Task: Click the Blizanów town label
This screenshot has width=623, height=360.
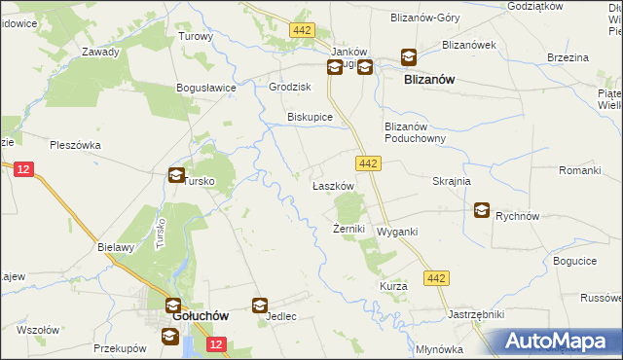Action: click(x=431, y=81)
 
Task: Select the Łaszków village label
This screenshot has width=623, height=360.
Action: click(x=331, y=186)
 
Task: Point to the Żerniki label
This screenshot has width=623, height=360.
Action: click(x=348, y=229)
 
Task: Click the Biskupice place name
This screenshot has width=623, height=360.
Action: click(x=310, y=117)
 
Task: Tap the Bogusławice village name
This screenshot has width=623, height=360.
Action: click(x=206, y=88)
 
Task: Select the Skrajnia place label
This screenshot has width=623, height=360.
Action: click(x=451, y=181)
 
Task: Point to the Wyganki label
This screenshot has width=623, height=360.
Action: click(x=397, y=232)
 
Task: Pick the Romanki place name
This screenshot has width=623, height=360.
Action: click(x=578, y=170)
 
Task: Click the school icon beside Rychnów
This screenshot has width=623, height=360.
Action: click(x=482, y=209)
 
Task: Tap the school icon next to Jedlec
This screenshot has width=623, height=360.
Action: click(x=260, y=306)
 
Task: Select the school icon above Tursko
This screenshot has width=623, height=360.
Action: click(x=176, y=175)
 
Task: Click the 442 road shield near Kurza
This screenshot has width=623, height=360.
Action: click(x=436, y=279)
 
